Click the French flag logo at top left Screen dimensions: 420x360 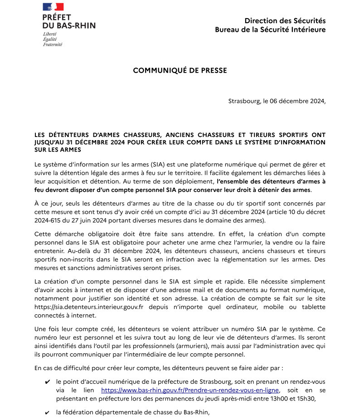(x=53, y=7)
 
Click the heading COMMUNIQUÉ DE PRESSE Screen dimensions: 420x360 (x=180, y=70)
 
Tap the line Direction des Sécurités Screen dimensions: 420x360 (x=285, y=20)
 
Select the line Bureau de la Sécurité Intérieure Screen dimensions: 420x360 (x=270, y=29)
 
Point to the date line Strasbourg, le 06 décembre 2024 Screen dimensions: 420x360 (x=277, y=101)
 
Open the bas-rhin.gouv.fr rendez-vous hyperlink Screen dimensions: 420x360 (x=190, y=390)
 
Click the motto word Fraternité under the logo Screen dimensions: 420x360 (x=53, y=44)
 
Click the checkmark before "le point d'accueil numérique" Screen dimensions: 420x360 (x=48, y=382)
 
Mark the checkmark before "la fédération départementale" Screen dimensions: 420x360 (x=48, y=413)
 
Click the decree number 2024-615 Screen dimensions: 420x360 (x=49, y=220)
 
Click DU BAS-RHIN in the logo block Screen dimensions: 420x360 (x=69, y=25)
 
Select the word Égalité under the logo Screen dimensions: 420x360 (x=49, y=39)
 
